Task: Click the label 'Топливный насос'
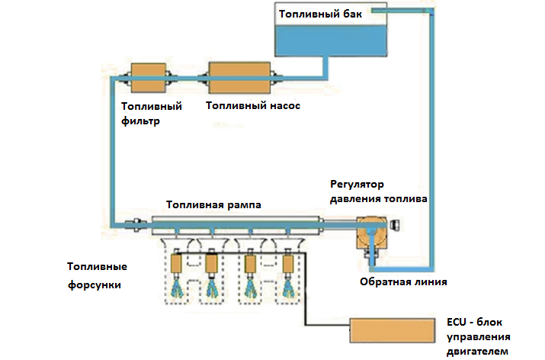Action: [x=252, y=106]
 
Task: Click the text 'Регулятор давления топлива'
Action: [x=378, y=191]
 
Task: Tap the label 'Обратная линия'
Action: [x=402, y=282]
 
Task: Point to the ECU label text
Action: [x=480, y=336]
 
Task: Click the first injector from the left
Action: [x=180, y=264]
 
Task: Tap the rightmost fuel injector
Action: [x=288, y=264]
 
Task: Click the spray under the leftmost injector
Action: [x=179, y=288]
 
